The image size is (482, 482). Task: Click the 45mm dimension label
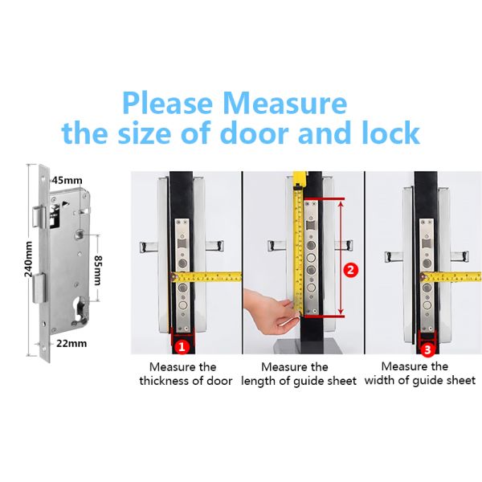[67, 180]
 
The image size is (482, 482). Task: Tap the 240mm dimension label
[28, 259]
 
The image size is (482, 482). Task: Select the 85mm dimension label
[98, 270]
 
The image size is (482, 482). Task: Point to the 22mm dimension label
[71, 343]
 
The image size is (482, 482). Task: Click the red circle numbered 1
[182, 347]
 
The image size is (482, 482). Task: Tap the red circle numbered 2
[350, 270]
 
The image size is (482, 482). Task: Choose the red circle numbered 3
[427, 349]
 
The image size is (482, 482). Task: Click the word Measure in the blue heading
[285, 103]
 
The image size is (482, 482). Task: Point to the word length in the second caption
[258, 382]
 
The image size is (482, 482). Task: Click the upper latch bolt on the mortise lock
[39, 217]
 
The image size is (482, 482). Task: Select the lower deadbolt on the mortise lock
[39, 289]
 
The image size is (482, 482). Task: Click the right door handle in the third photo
[460, 256]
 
